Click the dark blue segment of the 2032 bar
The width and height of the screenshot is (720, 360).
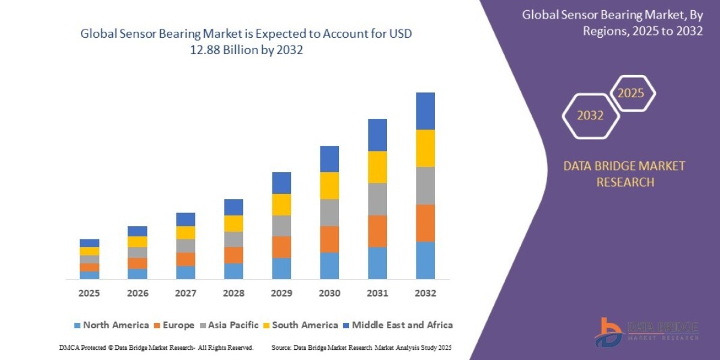point(425,111)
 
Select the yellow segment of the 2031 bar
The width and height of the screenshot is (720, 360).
point(377,167)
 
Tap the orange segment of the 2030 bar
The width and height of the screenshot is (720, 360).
point(329,239)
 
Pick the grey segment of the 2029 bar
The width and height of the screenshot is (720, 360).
point(281,226)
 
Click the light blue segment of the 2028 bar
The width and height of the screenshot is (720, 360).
point(233,271)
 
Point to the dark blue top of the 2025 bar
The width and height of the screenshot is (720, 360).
point(89,243)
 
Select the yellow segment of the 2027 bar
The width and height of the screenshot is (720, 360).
point(185,232)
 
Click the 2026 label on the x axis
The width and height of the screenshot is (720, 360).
point(137,293)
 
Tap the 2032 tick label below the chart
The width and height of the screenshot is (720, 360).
point(425,293)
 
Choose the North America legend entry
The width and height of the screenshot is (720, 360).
point(111,325)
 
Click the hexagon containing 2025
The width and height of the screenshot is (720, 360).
point(632,94)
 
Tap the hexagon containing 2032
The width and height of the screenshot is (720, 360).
point(590,116)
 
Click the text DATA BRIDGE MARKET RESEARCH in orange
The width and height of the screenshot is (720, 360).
point(625,174)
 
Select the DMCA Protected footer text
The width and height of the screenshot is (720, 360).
point(156,347)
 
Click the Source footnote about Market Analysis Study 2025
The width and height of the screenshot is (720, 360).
point(361,347)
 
